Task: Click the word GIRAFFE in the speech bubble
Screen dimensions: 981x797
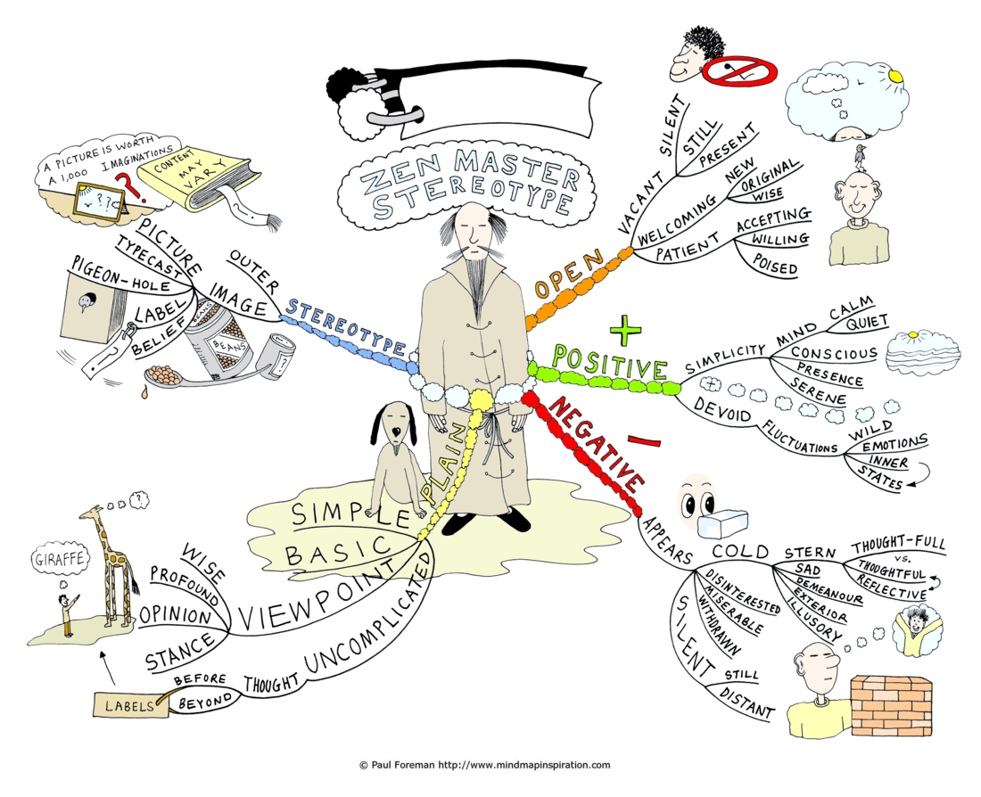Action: coord(60,559)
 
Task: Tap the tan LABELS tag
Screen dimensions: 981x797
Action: coord(130,705)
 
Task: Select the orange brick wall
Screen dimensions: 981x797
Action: coord(891,705)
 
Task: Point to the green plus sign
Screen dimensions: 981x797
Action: coord(625,330)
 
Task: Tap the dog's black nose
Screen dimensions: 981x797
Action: coord(395,433)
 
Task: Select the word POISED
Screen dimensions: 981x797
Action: coord(774,264)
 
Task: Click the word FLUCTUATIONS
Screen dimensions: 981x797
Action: coord(798,438)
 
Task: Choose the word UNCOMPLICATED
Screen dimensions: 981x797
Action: coord(369,614)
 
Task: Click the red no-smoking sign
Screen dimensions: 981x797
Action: coord(739,71)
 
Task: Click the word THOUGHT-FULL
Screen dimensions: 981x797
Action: coord(898,544)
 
